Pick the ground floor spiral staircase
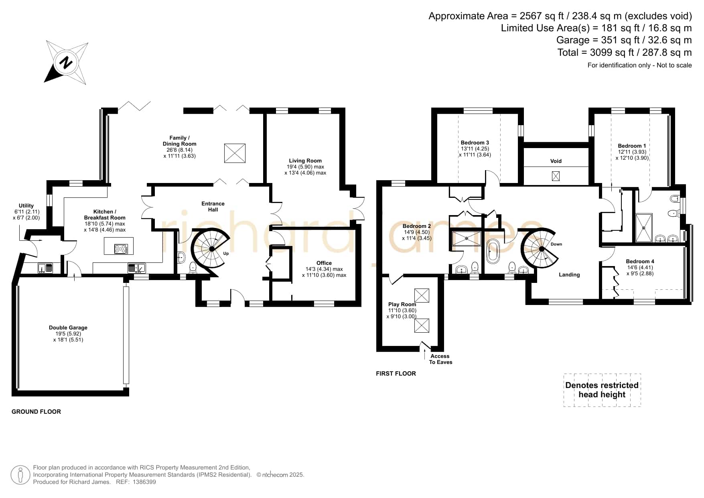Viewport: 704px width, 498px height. [x=210, y=248]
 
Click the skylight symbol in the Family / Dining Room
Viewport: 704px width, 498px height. [x=235, y=153]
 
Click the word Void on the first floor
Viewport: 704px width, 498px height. [x=556, y=161]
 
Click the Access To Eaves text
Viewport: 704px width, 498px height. [x=440, y=359]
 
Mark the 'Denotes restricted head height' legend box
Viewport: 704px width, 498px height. [x=602, y=390]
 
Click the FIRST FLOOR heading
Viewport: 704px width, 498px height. [x=396, y=373]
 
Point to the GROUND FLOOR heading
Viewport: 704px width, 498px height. [x=36, y=411]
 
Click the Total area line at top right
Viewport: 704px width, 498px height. [x=625, y=52]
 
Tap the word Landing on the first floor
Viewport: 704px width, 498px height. [x=569, y=274]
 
